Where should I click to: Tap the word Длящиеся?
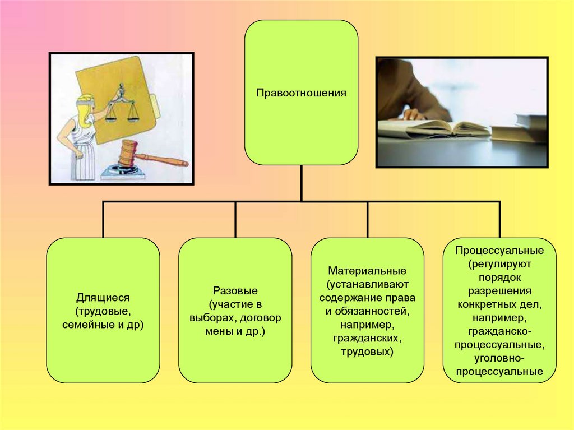tap(103, 297)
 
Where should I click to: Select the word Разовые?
tap(235, 291)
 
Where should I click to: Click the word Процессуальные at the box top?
tap(499, 249)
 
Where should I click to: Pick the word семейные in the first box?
tap(87, 324)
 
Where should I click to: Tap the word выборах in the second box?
tap(210, 318)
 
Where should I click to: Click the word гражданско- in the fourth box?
tap(499, 331)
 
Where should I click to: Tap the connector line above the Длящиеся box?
tap(103, 219)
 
